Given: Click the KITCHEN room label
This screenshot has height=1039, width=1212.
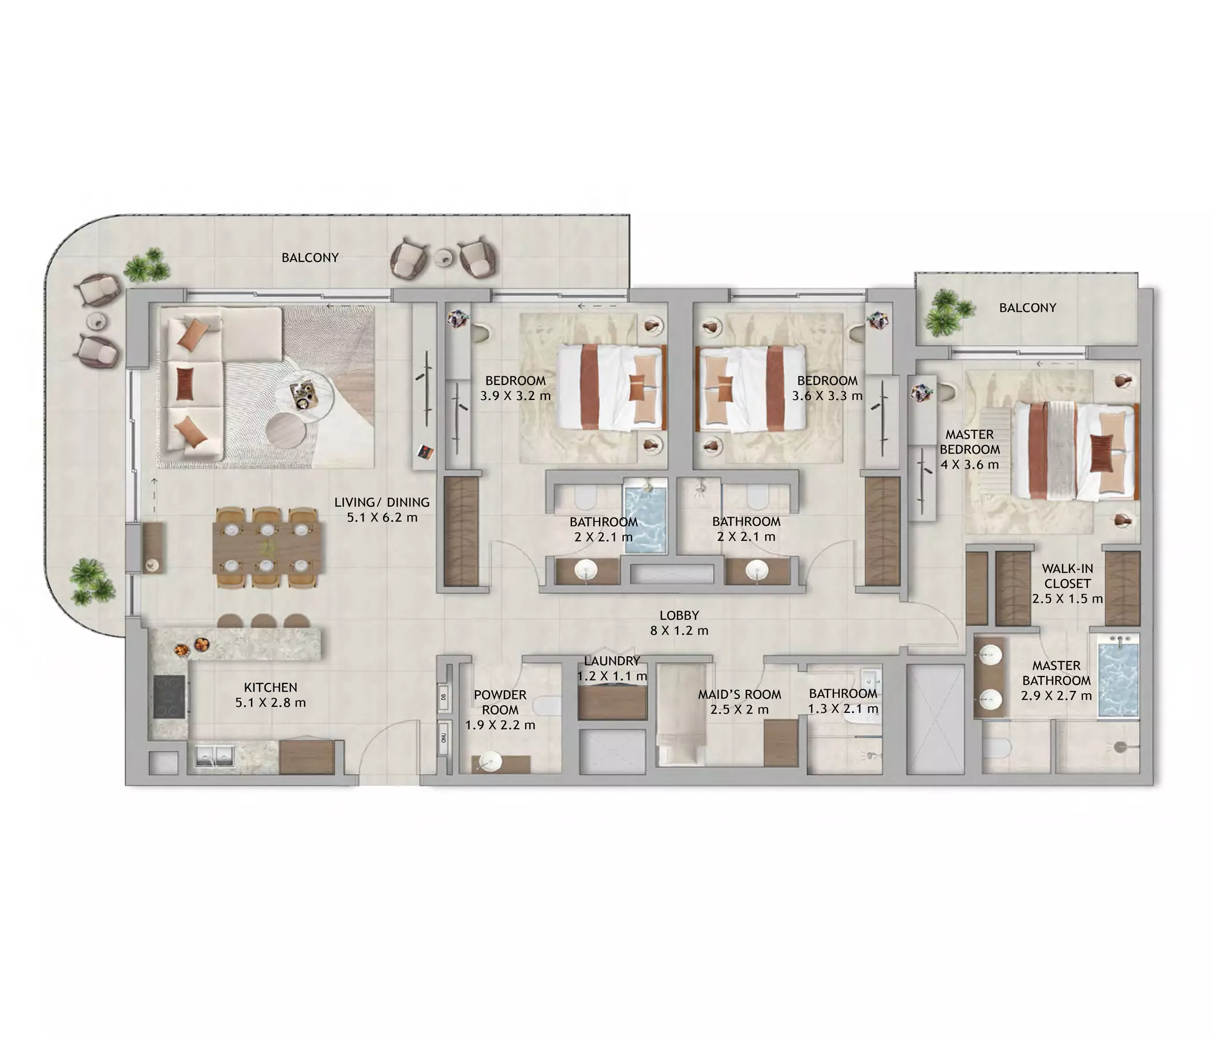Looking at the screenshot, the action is pyautogui.click(x=270, y=687).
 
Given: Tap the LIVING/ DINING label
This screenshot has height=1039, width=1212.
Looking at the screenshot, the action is pyautogui.click(x=382, y=502).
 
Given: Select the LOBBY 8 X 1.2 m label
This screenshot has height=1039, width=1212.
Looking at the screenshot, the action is pyautogui.click(x=679, y=622).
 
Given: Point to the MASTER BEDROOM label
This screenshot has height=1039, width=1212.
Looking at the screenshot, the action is pyautogui.click(x=970, y=442).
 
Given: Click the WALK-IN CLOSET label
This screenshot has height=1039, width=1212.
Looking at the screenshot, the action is pyautogui.click(x=1068, y=575).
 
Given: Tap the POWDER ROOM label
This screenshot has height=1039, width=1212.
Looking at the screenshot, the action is pyautogui.click(x=500, y=702).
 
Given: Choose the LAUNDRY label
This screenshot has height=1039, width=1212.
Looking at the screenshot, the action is pyautogui.click(x=612, y=661).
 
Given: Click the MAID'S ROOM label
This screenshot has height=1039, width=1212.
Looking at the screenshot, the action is pyautogui.click(x=739, y=694).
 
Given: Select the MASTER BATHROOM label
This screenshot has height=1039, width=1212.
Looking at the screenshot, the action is pyautogui.click(x=1056, y=673).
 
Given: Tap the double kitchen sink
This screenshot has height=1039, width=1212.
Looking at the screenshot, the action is pyautogui.click(x=214, y=754).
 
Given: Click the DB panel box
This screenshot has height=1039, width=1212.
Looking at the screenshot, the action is pyautogui.click(x=443, y=697).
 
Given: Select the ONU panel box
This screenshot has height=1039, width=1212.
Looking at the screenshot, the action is pyautogui.click(x=443, y=738).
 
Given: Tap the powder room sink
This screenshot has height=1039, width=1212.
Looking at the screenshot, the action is pyautogui.click(x=489, y=760).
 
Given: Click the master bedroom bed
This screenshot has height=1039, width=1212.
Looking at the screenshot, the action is pyautogui.click(x=1076, y=450).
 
